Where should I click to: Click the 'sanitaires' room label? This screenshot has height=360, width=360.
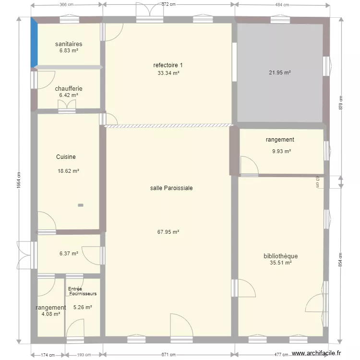[69, 44]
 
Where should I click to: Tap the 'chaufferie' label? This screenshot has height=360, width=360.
[69, 89]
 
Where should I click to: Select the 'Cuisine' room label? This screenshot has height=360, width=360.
[66, 157]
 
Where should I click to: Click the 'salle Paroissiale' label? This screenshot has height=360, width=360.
[171, 188]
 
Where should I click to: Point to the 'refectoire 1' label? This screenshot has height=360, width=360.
[168, 65]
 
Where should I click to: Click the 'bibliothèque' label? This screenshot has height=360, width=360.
[281, 256]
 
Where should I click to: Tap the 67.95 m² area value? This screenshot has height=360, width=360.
[168, 232]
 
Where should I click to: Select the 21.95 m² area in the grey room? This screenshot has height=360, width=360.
[280, 73]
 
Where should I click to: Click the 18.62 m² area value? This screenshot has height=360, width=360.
[68, 171]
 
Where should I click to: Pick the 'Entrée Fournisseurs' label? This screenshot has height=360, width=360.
[82, 291]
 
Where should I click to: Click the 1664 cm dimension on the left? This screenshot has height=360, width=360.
[19, 181]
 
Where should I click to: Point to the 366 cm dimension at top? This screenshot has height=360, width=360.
[67, 5]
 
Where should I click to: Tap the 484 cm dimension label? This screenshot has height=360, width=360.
[282, 5]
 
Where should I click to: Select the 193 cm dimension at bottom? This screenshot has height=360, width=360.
[84, 355]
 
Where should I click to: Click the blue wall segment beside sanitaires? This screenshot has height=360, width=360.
[34, 43]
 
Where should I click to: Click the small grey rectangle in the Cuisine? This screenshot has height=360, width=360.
[81, 205]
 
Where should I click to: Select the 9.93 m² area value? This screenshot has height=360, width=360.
[281, 152]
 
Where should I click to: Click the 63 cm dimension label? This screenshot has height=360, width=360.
[317, 181]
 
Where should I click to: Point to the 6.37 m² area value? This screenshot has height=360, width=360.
[69, 253]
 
